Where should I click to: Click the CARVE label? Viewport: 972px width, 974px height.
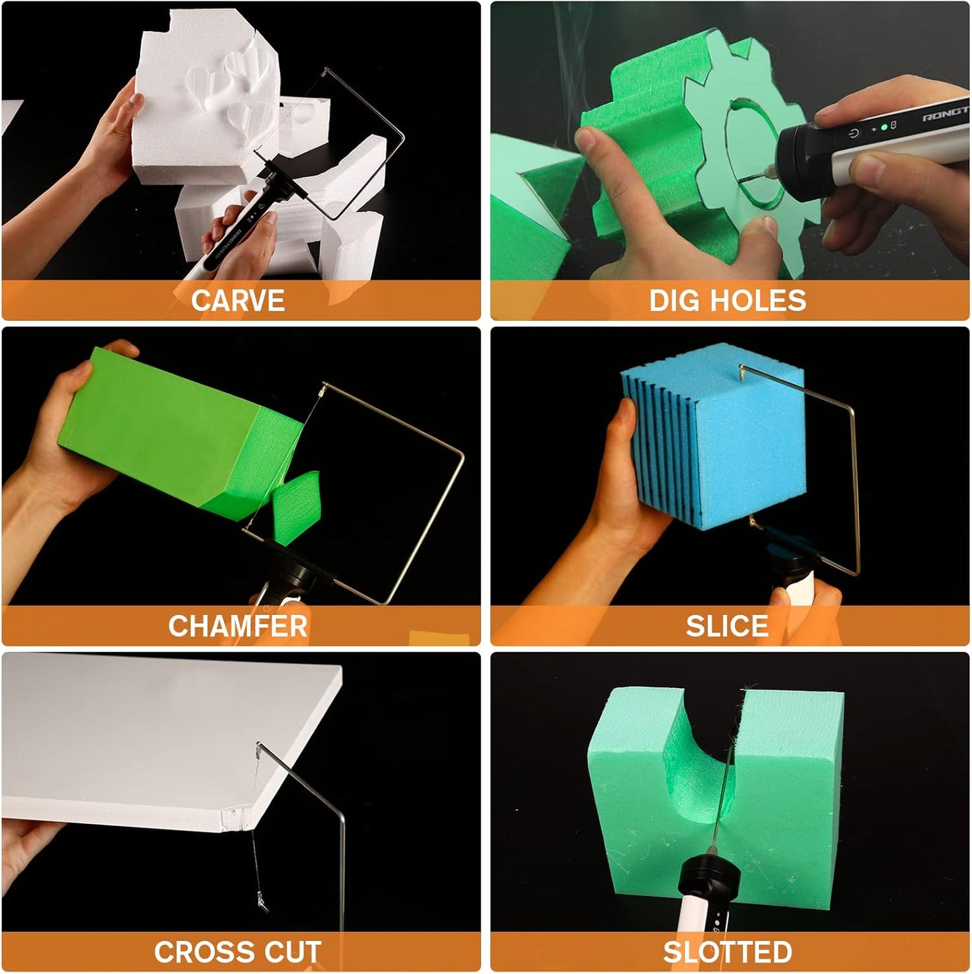point(237,300)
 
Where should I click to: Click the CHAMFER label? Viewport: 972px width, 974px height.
point(237,626)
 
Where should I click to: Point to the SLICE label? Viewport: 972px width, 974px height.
point(727,626)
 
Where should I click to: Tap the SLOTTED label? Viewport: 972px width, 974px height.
point(727,952)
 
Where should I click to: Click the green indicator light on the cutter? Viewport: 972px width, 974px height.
point(884,127)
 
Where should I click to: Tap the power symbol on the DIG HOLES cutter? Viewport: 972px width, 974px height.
point(854,134)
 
